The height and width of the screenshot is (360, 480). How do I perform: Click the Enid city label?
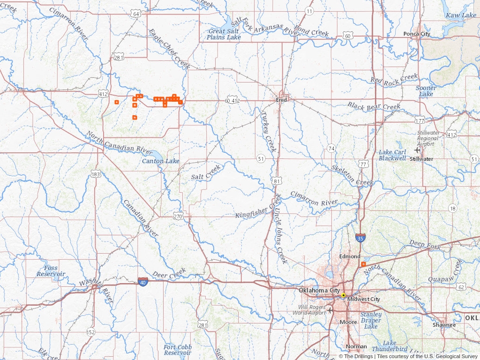tap(281, 100)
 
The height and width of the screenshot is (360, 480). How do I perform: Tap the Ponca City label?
tap(417, 34)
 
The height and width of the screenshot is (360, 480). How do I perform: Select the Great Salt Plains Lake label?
tap(224, 34)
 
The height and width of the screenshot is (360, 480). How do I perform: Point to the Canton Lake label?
tap(161, 161)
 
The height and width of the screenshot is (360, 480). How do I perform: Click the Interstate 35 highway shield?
tap(360, 239)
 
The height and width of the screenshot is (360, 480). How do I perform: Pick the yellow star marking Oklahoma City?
tap(344, 295)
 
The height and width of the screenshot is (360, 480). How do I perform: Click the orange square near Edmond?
tap(364, 264)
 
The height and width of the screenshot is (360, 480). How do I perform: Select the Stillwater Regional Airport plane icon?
tap(417, 150)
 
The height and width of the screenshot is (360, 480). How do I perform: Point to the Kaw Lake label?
tap(460, 15)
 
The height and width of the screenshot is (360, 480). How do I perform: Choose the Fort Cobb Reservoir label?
tap(177, 350)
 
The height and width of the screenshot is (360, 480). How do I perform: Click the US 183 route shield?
tap(96, 174)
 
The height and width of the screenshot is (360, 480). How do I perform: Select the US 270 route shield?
tap(178, 216)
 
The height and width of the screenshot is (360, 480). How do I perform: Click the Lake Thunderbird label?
tap(389, 346)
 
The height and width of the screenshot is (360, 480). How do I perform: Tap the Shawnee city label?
tap(444, 325)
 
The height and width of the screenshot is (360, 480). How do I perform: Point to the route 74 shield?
tap(331, 148)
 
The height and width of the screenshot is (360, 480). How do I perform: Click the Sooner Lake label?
tap(426, 91)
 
